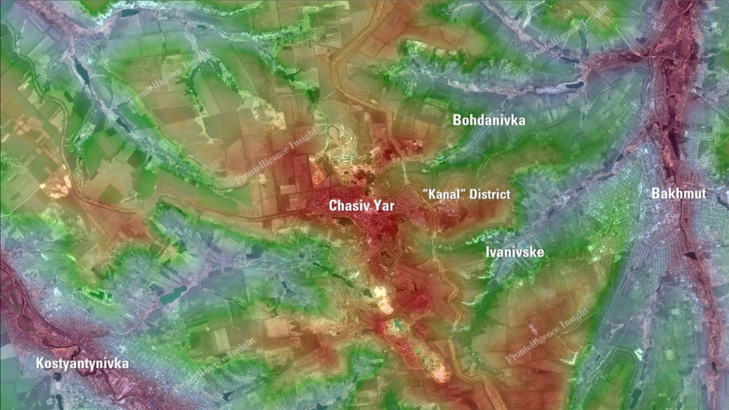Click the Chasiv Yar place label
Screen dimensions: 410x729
coord(362,206)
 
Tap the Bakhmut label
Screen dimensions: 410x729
coord(678,193)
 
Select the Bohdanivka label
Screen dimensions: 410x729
coord(489,120)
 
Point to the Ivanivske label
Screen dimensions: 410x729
coord(515,252)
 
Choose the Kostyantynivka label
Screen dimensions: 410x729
coord(83,364)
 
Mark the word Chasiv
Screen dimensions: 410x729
coord(347,206)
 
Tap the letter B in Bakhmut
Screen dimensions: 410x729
coord(655,193)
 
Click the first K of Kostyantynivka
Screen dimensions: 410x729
coord(40,364)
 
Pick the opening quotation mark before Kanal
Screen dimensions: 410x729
coord(424,191)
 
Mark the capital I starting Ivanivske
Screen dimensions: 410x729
coord(488,252)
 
